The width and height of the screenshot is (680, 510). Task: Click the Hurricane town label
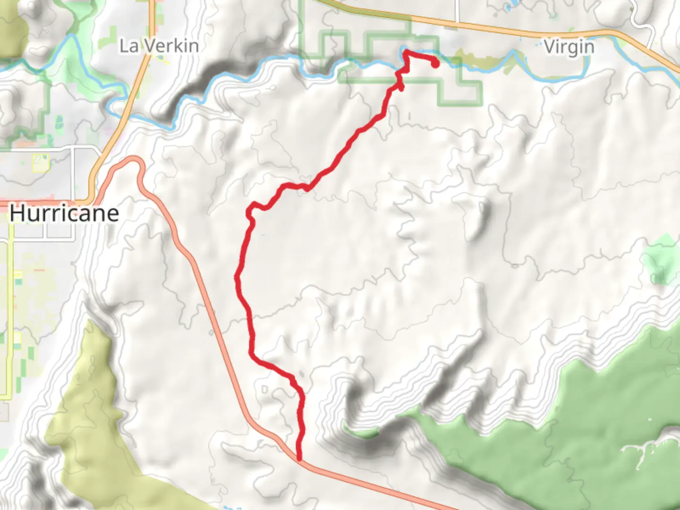tap(64, 213)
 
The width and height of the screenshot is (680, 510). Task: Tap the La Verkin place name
tap(159, 46)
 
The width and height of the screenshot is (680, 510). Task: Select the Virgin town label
tap(569, 47)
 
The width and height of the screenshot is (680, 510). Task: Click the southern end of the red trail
tap(299, 457)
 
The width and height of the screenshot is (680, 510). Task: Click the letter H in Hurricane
tap(17, 213)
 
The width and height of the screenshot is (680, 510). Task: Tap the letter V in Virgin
tap(550, 47)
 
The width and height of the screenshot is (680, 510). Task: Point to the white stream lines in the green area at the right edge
tap(647, 446)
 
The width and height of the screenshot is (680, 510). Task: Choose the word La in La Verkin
tap(128, 46)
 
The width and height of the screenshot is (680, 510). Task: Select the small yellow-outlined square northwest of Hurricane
tap(40, 163)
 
